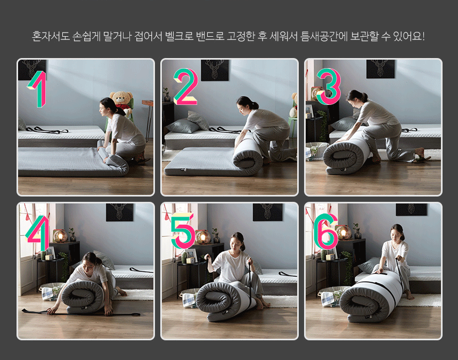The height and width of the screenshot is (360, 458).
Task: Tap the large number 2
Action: [186, 87]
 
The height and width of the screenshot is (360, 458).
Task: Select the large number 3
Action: [329, 87]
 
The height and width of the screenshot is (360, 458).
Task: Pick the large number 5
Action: [183, 231]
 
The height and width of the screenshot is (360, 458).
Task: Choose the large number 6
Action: [326, 231]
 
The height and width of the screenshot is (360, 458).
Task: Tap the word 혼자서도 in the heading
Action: [51, 37]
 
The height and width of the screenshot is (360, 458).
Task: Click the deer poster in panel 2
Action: [215, 70]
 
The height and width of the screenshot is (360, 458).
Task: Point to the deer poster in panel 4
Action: [119, 212]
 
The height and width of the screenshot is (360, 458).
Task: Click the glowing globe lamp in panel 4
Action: [60, 236]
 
